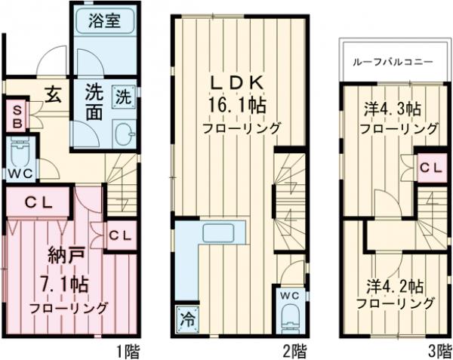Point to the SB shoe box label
click(15, 117)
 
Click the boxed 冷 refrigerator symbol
click(186, 317)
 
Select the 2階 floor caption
click(294, 350)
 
